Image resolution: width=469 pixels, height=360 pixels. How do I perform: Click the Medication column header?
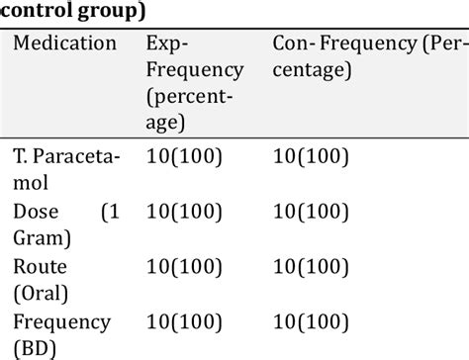click(x=65, y=45)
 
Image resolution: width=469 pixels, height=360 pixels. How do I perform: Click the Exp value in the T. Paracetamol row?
click(x=184, y=157)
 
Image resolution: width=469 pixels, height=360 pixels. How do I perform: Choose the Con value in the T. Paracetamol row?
click(x=312, y=157)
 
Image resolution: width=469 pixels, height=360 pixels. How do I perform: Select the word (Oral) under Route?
click(x=44, y=294)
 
